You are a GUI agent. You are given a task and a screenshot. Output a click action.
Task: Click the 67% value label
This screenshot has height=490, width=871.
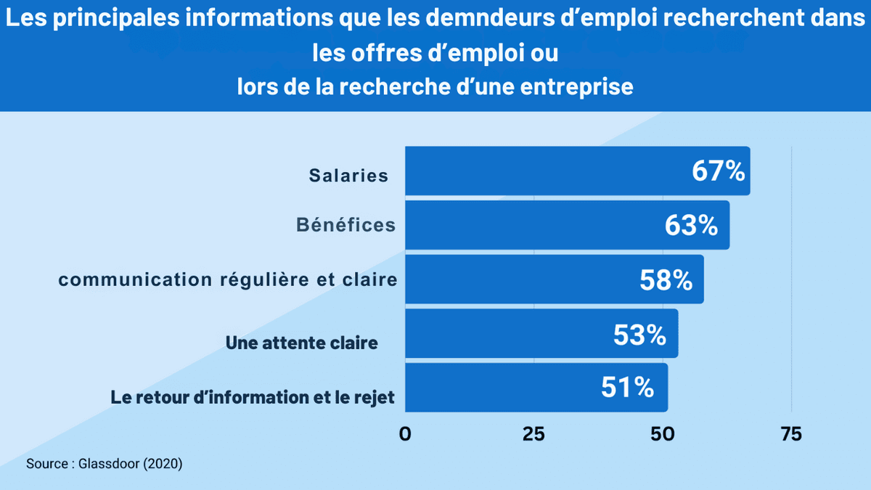click(718, 171)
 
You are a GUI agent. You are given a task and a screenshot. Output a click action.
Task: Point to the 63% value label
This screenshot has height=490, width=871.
click(691, 226)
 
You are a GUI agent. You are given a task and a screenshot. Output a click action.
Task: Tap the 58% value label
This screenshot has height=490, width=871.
click(666, 280)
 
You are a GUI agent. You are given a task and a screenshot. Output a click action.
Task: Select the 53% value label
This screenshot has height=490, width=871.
click(639, 335)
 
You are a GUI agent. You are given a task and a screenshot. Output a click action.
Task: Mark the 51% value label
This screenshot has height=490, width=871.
click(628, 388)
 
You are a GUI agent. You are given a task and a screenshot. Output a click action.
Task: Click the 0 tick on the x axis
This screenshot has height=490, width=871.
click(405, 434)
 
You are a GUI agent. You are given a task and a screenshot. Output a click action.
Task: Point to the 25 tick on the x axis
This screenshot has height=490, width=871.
click(533, 434)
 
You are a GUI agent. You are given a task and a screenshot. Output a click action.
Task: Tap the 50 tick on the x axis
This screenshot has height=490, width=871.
click(663, 434)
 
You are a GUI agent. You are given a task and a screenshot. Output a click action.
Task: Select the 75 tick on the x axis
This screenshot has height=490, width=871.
click(791, 434)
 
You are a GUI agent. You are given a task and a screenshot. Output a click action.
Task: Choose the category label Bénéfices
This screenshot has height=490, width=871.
click(345, 225)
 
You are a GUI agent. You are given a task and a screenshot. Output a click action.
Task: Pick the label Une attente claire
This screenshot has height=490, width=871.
click(301, 343)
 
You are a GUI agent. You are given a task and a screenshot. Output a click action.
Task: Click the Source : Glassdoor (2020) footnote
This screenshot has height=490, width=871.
click(104, 463)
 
